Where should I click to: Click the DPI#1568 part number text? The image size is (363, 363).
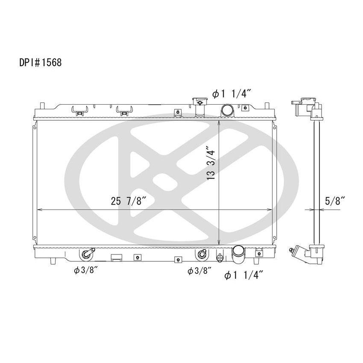pyautogui.click(x=40, y=63)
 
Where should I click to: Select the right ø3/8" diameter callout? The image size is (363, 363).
pyautogui.click(x=200, y=271)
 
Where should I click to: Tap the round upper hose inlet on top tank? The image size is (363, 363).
pyautogui.click(x=226, y=110)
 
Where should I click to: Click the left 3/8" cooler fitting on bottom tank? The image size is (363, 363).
pyautogui.click(x=86, y=255)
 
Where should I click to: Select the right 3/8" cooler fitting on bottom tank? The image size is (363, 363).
pyautogui.click(x=201, y=255)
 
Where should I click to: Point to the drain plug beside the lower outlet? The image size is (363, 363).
pyautogui.click(x=220, y=258)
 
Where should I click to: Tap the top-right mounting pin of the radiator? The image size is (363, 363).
pyautogui.click(x=267, y=106)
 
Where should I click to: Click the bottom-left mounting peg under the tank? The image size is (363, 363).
pyautogui.click(x=53, y=260)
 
